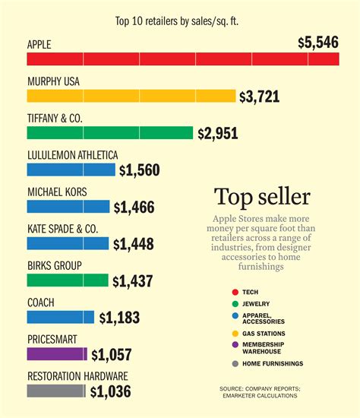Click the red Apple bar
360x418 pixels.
pos(182,59)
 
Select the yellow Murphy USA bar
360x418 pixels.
pos(131,96)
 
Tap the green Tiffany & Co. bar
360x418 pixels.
pos(110,132)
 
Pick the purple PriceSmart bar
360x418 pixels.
pos(57,353)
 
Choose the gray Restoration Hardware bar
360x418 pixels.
pos(56,391)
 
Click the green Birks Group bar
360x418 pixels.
pos(68,280)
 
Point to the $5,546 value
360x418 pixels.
pos(318,43)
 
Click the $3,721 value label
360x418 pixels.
pos(259,97)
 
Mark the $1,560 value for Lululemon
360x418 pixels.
pos(140,170)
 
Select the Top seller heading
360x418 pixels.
pos(262,197)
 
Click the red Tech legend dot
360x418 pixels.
pos(234,292)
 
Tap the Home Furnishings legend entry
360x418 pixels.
pos(273,363)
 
